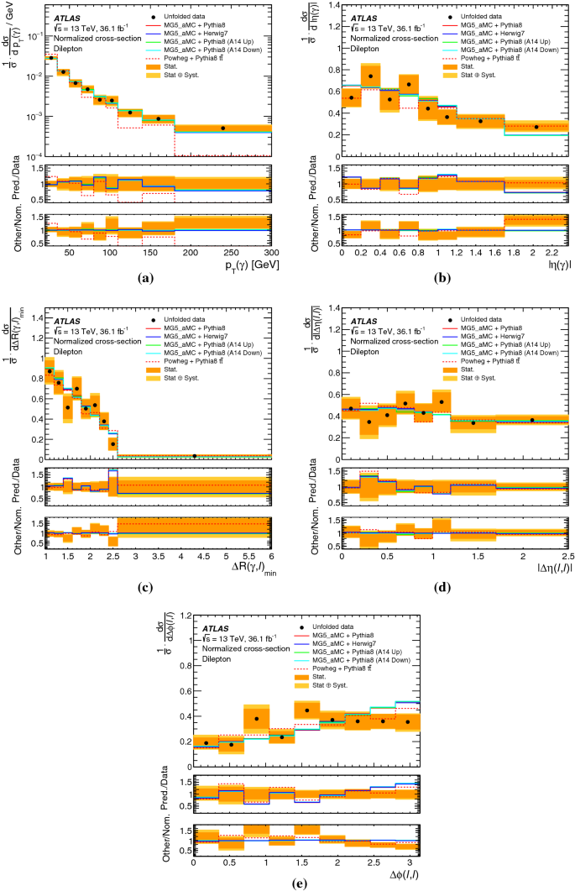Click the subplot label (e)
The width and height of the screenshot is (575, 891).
(x=288, y=881)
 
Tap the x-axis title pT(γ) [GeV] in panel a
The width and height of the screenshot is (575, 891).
(x=248, y=265)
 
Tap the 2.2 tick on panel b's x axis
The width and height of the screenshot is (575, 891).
(x=551, y=254)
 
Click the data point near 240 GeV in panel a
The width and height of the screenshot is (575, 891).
(x=222, y=128)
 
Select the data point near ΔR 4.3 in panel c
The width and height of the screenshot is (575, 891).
(x=195, y=455)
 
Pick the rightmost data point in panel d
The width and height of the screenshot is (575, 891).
(x=531, y=420)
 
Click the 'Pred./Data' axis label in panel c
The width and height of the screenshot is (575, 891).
(x=14, y=485)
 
